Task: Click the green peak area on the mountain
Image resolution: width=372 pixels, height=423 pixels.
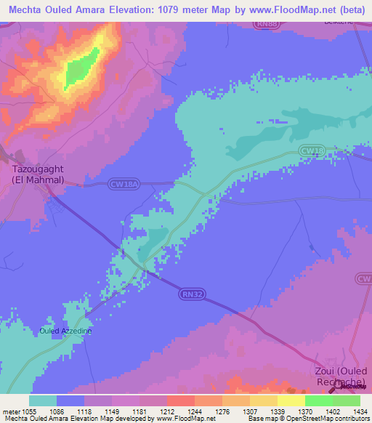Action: (78, 70)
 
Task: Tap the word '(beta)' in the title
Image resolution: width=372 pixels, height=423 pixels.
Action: (352, 9)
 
